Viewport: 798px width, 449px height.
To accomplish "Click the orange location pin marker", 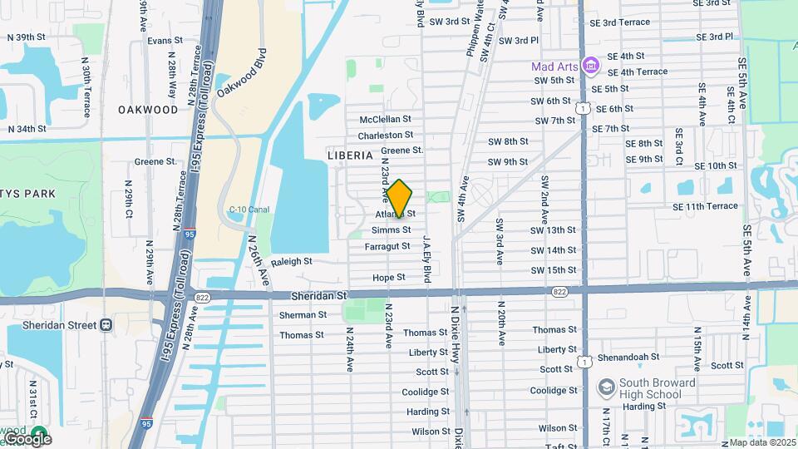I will (400, 200).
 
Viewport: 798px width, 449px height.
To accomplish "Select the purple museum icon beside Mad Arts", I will (590, 65).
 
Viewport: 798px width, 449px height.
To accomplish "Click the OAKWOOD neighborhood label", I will (148, 110).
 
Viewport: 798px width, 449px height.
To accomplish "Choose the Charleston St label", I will (386, 136).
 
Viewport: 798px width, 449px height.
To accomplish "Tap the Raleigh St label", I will (291, 261).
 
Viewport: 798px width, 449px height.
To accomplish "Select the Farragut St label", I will (387, 246).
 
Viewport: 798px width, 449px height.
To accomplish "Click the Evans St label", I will (165, 41).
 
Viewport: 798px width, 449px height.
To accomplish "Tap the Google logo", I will (27, 438).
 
